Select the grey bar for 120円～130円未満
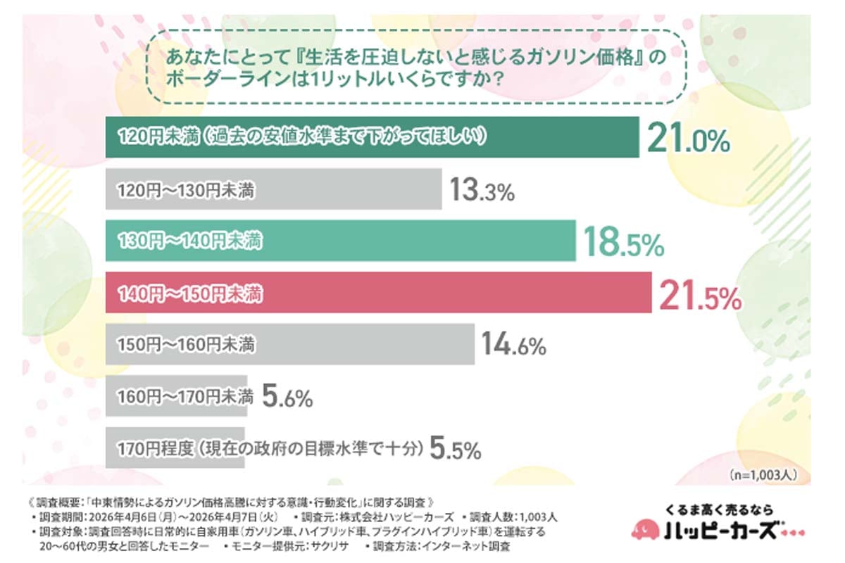point(274,190)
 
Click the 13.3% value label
point(482,191)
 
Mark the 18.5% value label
point(622,243)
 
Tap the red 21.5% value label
point(700,296)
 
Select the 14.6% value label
point(514,346)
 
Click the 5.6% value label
point(287,398)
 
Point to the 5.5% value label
point(454,448)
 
